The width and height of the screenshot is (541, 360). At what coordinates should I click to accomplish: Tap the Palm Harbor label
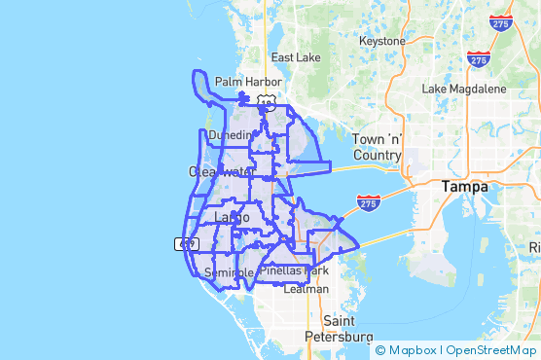tap(248, 82)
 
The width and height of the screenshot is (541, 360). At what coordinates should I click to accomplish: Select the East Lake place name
tap(296, 57)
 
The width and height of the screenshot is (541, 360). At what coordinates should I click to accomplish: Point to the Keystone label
tap(381, 42)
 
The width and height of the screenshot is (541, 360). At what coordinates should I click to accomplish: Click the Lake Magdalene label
tap(463, 89)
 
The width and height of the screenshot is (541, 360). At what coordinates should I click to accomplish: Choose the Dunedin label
tap(230, 137)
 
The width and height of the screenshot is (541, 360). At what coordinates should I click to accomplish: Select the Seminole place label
tap(230, 272)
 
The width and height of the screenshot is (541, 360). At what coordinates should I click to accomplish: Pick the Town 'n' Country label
tap(377, 147)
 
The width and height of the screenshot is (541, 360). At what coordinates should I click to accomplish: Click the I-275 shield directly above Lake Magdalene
tap(478, 60)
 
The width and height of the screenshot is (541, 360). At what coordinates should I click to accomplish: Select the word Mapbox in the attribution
tap(412, 350)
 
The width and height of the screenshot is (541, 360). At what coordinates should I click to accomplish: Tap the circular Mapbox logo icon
tap(380, 350)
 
